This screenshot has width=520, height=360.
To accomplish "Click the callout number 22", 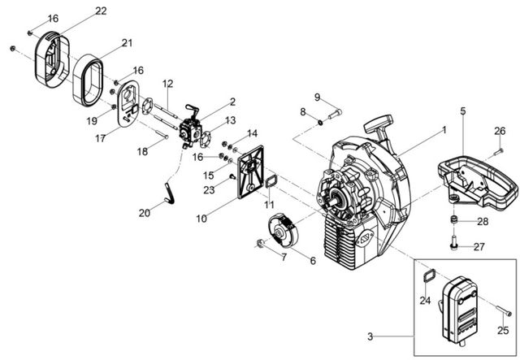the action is pos(101,11).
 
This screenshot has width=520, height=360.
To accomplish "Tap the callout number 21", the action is pos(127,43).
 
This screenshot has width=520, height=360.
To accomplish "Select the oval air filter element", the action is pos(88,80).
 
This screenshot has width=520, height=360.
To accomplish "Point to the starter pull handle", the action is pos(378,126).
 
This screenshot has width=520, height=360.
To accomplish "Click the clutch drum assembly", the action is pos(283,230).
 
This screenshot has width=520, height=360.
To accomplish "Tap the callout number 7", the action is pos(284,257).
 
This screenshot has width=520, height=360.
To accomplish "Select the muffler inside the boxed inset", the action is pos(460,308).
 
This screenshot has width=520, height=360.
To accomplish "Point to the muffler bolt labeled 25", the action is pos(504,310).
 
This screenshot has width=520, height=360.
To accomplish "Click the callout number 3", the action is pos(370,336).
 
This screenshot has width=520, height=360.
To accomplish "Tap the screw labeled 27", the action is pos(453,242).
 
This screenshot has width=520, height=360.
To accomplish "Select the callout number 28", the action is pos(483,221).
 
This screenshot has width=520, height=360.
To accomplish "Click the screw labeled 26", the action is pos(498,152).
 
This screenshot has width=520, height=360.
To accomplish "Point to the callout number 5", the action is pos(463,111).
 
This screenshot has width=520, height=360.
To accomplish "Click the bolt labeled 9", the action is pos(335,115).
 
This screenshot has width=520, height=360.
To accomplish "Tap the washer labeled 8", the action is pos(321,123).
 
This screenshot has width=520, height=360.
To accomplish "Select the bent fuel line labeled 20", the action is pos(170,193).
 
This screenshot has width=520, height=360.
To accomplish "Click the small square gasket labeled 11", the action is pos(271,182).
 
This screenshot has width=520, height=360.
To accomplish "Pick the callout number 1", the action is pos(444,130).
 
